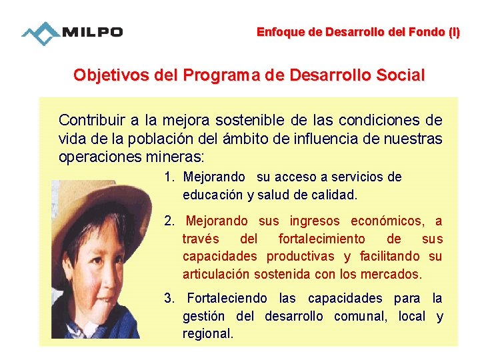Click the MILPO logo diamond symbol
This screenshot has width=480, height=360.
tap(41, 33)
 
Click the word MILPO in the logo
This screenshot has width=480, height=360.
tap(93, 33)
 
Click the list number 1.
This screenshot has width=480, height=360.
tap(169, 177)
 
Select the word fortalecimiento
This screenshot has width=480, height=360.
tap(321, 239)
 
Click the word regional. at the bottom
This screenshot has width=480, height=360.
tap(208, 333)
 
